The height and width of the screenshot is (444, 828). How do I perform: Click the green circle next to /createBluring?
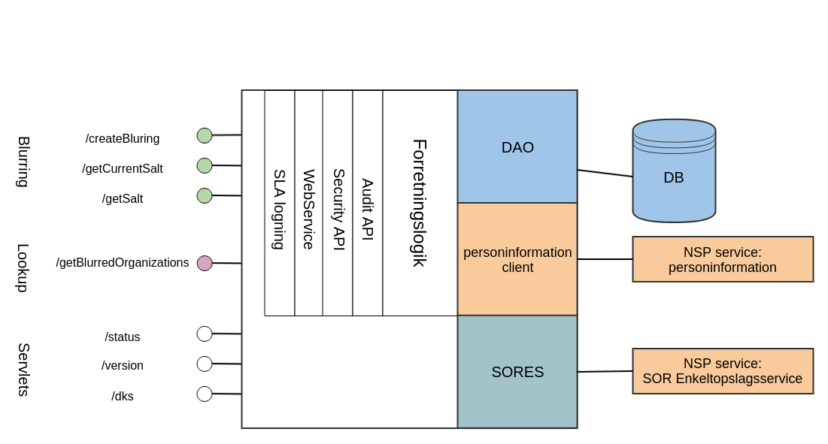pyautogui.click(x=205, y=135)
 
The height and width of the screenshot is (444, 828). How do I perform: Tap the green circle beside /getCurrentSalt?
pyautogui.click(x=205, y=165)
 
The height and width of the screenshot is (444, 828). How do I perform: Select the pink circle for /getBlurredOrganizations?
pyautogui.click(x=205, y=263)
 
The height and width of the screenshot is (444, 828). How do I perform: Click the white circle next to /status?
pyautogui.click(x=205, y=334)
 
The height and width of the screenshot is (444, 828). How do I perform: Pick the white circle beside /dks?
pyautogui.click(x=205, y=394)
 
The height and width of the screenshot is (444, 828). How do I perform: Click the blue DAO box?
pyautogui.click(x=517, y=147)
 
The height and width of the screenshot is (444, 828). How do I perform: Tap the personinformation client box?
pyautogui.click(x=517, y=260)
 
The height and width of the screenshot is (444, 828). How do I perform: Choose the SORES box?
pyautogui.click(x=517, y=372)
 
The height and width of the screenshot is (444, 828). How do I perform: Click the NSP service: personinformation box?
pyautogui.click(x=723, y=260)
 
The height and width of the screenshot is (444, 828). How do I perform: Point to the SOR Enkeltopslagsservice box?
pyautogui.click(x=723, y=371)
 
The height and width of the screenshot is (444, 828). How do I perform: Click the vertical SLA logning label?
pyautogui.click(x=279, y=209)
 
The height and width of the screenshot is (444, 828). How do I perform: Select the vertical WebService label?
pyautogui.click(x=308, y=209)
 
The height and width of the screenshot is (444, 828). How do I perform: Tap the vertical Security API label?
pyautogui.click(x=338, y=209)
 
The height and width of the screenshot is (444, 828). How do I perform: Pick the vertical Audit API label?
pyautogui.click(x=368, y=209)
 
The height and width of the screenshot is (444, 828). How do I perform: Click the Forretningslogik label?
pyautogui.click(x=420, y=203)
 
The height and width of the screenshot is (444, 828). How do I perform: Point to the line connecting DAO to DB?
pyautogui.click(x=605, y=174)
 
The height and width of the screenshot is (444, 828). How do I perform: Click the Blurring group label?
pyautogui.click(x=23, y=162)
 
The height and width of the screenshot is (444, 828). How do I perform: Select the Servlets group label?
pyautogui.click(x=23, y=369)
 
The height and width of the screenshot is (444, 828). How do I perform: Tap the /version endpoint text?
pyautogui.click(x=123, y=366)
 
